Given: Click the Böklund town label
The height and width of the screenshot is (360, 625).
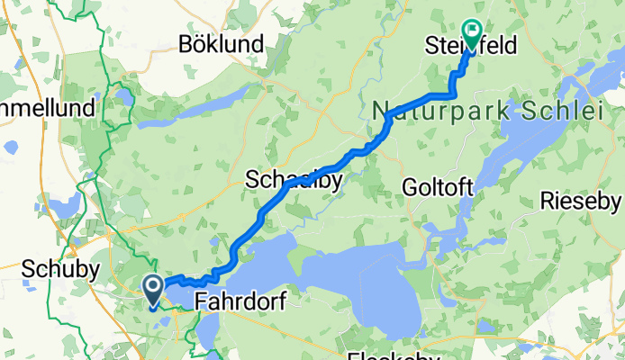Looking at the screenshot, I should pos(221,43).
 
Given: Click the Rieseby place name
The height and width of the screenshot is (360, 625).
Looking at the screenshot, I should pos(581,201).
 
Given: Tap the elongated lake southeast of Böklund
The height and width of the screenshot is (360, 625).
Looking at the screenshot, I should pos(216,101).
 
